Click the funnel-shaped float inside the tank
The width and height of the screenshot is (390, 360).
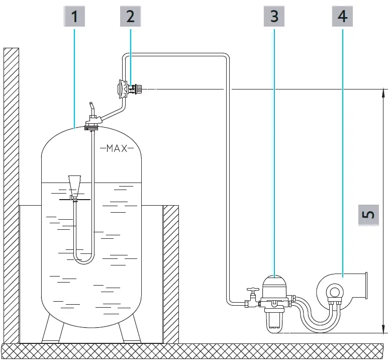(74, 186)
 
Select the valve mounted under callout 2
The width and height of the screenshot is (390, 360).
(129, 89)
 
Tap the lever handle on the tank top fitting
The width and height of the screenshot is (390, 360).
(91, 108)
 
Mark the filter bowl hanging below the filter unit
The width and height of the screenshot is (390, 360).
(273, 316)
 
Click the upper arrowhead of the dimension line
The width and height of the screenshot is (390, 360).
(383, 93)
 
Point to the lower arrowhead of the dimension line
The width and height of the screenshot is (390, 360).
(383, 329)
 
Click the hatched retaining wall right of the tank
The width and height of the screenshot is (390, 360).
(171, 272)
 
